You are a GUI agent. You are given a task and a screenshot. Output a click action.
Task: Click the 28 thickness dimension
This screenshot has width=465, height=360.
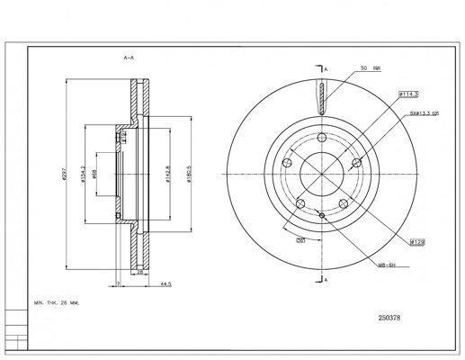tap(140, 270)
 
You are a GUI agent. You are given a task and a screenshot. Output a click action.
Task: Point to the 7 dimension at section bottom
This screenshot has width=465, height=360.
tap(119, 283)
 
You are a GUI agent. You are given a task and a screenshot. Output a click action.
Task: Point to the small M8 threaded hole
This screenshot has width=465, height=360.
tap(321, 216)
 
